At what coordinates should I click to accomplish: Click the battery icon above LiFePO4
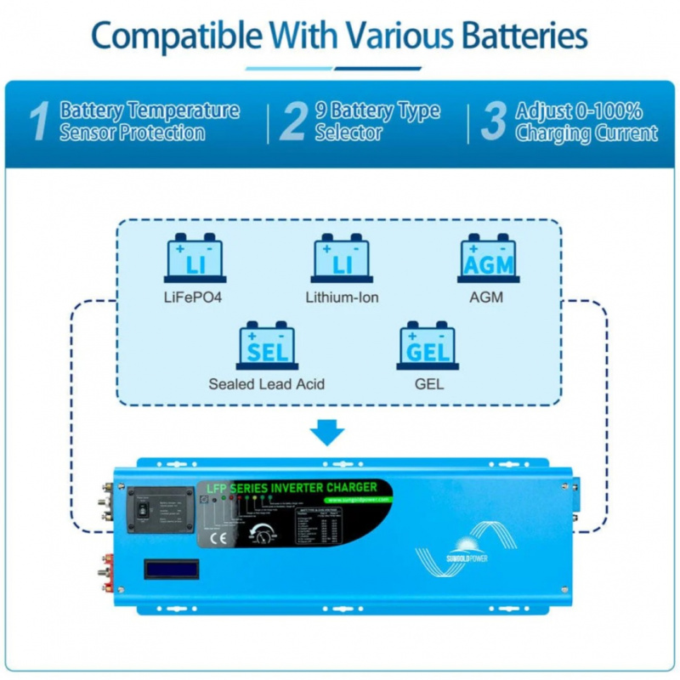pos(195,259)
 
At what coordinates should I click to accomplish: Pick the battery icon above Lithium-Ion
pos(342,259)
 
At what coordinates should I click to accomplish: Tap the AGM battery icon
pos(488,259)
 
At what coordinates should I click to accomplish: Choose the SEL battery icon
pos(267,345)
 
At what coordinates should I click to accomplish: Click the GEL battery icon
pos(428,345)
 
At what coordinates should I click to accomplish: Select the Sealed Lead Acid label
pos(266,384)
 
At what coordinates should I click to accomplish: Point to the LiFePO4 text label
pos(193,297)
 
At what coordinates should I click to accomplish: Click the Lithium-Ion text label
pos(342,297)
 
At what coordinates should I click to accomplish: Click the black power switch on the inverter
pos(144,509)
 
